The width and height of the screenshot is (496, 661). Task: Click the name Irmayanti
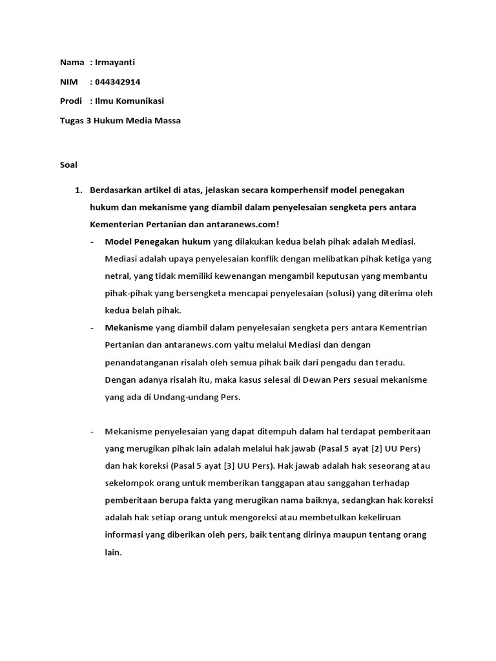pos(116,63)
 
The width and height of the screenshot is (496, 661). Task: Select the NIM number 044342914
pos(118,82)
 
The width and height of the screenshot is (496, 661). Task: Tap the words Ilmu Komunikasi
pos(129,101)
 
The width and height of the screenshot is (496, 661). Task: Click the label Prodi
pos(71,101)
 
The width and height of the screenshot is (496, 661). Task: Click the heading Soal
pos(68,165)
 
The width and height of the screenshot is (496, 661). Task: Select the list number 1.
pos(79,190)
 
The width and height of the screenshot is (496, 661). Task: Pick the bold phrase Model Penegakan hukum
pos(158,242)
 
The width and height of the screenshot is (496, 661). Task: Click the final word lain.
pos(112,553)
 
